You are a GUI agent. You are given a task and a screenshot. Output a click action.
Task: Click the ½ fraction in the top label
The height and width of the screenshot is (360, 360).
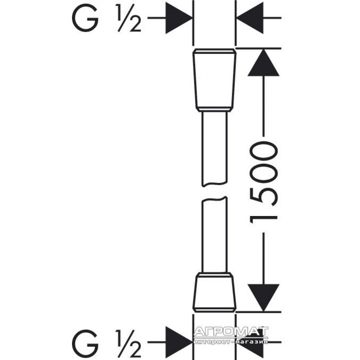click(129, 18)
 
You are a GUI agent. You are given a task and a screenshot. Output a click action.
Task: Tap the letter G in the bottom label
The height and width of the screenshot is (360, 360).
click(85, 343)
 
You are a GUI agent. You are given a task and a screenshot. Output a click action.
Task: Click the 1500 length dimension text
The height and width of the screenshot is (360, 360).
click(264, 183)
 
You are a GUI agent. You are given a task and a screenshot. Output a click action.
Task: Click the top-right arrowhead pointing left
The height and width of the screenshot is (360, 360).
click(250, 18)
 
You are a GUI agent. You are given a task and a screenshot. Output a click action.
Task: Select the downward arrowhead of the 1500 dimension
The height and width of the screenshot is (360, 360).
click(264, 298)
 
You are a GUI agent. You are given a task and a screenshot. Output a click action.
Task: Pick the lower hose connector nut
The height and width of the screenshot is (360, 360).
click(215, 292)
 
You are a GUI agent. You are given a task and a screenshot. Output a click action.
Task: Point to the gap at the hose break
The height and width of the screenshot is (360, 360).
click(215, 192)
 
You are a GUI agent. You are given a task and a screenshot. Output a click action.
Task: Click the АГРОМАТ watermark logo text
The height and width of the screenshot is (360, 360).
click(231, 331)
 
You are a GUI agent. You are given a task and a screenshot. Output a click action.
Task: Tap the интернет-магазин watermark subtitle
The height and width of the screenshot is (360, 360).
click(231, 342)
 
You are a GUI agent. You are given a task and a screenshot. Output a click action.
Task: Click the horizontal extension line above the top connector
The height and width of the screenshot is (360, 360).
click(258, 49)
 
